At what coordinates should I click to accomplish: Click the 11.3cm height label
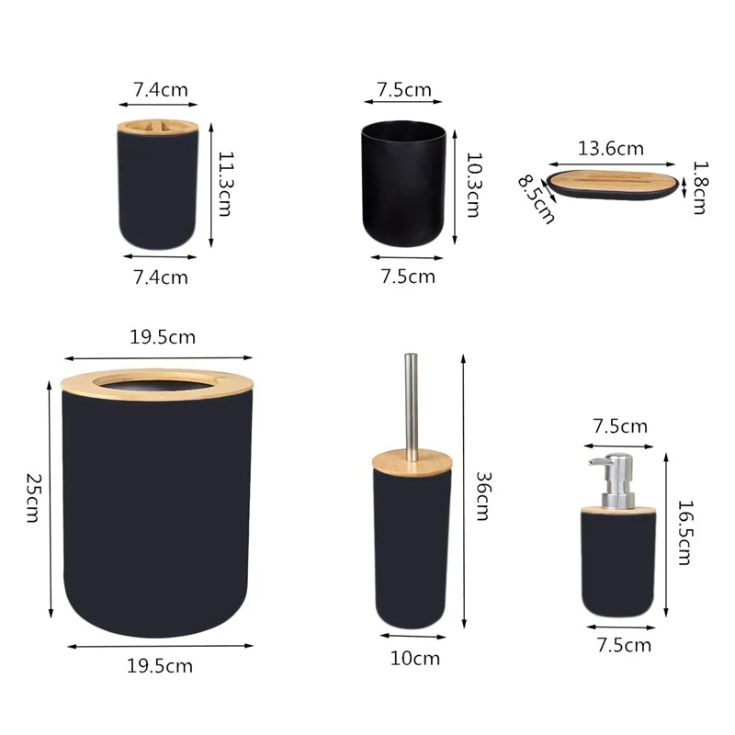(224, 184)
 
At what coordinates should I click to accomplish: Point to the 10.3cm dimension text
(473, 185)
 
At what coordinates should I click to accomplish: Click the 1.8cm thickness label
(700, 187)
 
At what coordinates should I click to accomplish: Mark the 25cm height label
(33, 499)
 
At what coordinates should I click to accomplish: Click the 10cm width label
(413, 658)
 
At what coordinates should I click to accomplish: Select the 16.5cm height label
(683, 532)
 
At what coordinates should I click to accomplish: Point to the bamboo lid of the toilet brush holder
(412, 458)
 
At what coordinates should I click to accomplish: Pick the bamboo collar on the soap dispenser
(617, 503)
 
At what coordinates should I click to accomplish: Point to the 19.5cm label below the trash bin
(160, 666)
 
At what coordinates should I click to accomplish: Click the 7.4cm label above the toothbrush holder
(161, 90)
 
